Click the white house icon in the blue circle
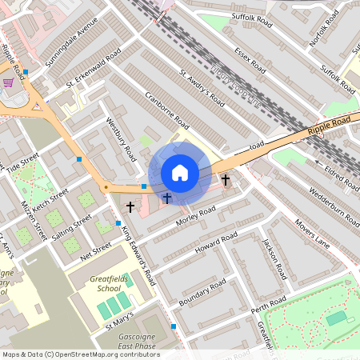180,173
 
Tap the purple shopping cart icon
8,82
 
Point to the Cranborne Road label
167,111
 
